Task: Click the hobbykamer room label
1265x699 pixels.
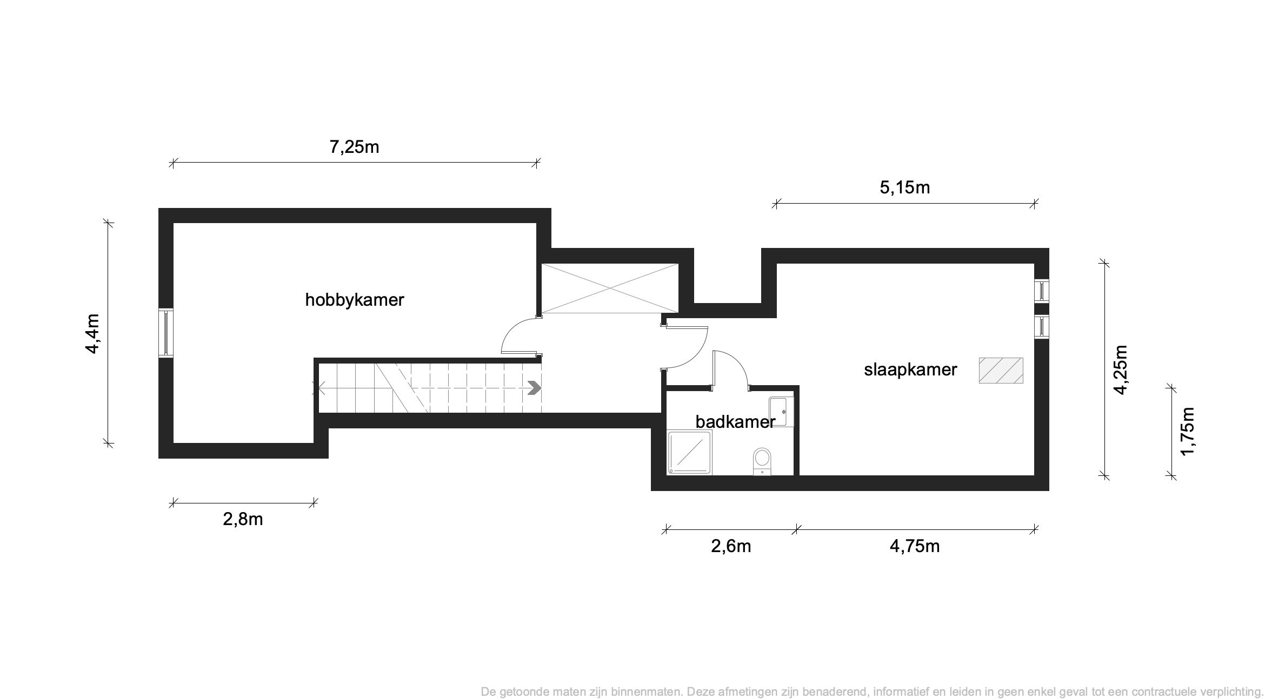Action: click(355, 300)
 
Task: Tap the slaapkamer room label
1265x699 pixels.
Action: click(910, 370)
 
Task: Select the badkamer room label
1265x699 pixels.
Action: click(735, 421)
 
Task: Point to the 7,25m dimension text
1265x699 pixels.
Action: click(354, 147)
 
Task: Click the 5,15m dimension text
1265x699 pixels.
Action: click(905, 187)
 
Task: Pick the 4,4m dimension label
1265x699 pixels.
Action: click(92, 333)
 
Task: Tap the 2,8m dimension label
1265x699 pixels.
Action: click(243, 519)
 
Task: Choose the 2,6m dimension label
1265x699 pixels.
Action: click(731, 546)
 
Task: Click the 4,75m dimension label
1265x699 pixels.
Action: click(915, 546)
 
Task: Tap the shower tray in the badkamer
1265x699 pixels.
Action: click(690, 453)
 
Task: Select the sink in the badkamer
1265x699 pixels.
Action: click(780, 412)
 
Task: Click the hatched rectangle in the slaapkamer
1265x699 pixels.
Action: click(1001, 371)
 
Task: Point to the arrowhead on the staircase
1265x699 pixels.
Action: click(534, 388)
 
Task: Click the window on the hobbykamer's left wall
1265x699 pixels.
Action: click(166, 333)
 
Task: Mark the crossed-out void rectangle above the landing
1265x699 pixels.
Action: click(610, 288)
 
